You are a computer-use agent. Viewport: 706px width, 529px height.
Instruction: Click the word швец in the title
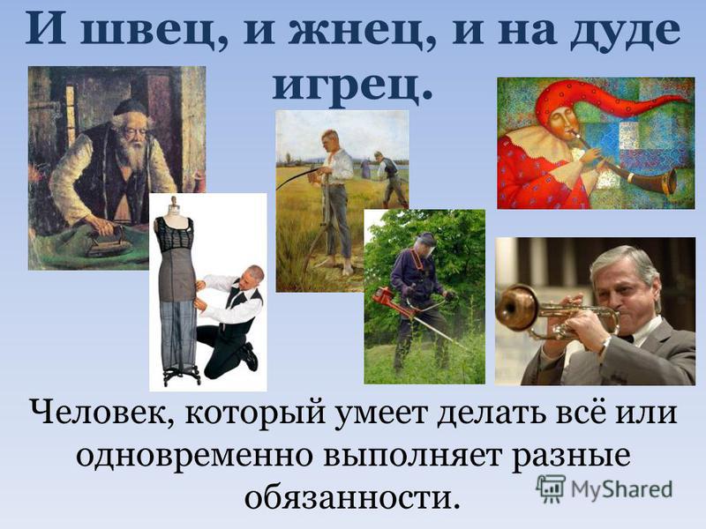[152, 30]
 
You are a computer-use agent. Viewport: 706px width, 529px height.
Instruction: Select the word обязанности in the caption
[353, 497]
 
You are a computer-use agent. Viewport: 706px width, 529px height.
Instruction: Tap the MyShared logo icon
[550, 488]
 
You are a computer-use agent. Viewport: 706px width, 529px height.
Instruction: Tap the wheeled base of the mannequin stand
[181, 376]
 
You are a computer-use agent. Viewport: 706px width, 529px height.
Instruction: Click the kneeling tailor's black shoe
[249, 356]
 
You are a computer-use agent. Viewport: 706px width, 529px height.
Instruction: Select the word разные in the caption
[573, 457]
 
